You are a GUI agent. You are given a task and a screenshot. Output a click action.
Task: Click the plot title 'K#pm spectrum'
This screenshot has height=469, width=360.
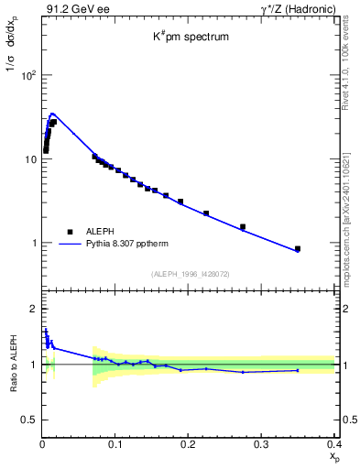190,38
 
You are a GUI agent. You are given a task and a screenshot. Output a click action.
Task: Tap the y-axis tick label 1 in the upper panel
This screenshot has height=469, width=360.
33,244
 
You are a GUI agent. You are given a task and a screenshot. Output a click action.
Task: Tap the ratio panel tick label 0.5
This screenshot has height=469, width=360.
29,420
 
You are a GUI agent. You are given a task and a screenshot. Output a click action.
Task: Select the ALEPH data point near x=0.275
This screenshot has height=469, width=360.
243,226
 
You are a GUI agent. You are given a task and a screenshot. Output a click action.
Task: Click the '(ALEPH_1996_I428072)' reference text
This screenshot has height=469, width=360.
190,273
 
